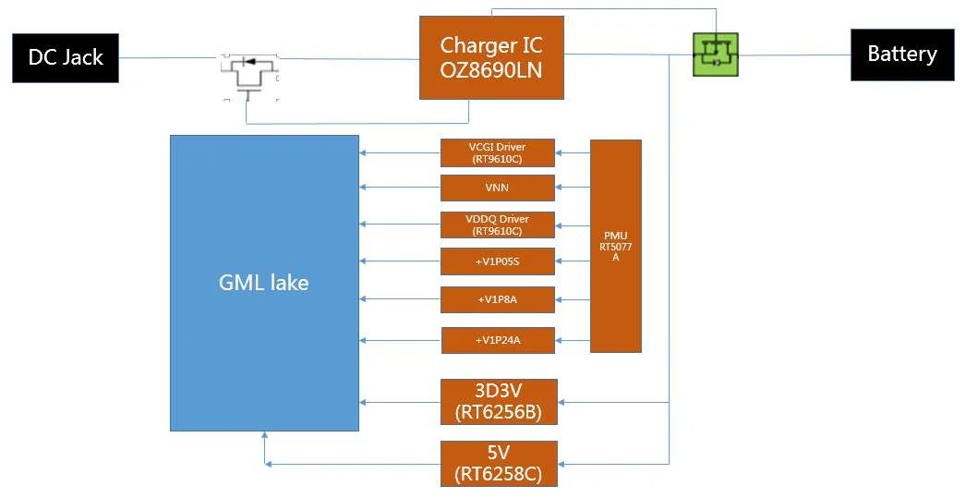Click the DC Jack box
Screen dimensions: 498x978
click(x=66, y=58)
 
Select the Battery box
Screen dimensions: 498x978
click(x=901, y=55)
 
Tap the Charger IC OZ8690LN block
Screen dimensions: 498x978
click(x=491, y=57)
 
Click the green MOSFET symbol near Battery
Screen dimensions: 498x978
click(x=716, y=55)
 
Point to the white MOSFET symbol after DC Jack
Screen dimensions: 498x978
click(x=249, y=75)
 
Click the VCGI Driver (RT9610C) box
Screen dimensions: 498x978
click(x=498, y=152)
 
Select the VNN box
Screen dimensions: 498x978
click(x=498, y=188)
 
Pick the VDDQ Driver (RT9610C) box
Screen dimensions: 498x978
click(x=498, y=225)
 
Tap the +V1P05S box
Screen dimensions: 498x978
click(x=498, y=261)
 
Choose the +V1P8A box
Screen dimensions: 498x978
click(x=498, y=299)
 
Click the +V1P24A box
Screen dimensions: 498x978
click(x=498, y=340)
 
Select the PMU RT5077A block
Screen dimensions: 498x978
click(x=615, y=246)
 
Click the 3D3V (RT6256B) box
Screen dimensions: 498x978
click(x=499, y=402)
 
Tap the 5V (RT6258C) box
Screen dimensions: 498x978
click(x=499, y=464)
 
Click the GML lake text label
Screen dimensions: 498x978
click(x=263, y=283)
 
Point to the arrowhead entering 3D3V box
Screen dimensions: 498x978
click(x=563, y=402)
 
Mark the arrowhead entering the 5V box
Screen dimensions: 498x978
click(x=563, y=462)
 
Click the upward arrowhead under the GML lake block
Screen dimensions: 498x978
click(x=265, y=436)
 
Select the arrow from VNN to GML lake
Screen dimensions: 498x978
click(x=400, y=188)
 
